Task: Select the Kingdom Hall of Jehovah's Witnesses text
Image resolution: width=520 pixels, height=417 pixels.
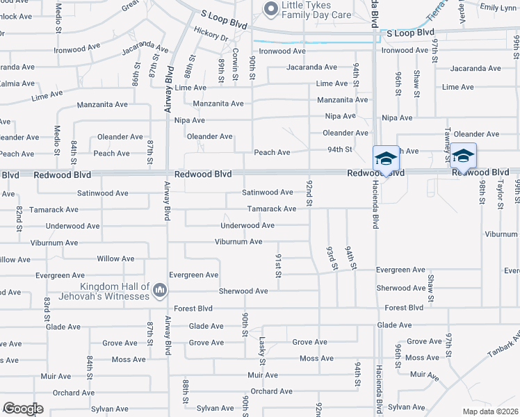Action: pos(115,291)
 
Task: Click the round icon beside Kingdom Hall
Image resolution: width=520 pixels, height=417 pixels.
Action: pos(160,289)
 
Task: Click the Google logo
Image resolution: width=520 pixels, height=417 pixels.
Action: pos(23,409)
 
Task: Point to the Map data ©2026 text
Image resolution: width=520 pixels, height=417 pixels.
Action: pos(489,411)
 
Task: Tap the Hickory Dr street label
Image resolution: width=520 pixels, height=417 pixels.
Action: pos(211,34)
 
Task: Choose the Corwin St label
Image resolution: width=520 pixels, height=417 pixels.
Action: pos(236,69)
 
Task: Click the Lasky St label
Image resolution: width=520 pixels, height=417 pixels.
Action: pos(262,351)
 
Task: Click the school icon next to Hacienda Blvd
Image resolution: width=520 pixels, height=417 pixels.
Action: pos(386,158)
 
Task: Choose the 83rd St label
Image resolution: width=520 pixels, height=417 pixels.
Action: pos(47,304)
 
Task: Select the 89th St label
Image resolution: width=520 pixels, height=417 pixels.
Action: pos(221,70)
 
